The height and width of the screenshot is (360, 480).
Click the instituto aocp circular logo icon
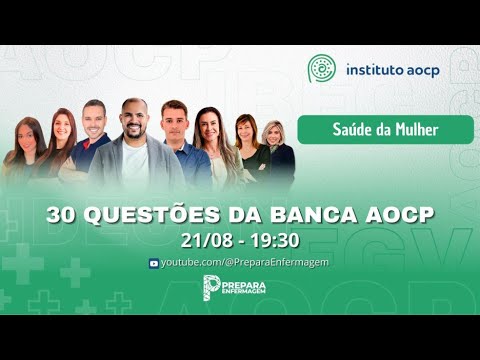[323, 69]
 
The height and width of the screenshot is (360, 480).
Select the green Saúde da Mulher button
[389, 129]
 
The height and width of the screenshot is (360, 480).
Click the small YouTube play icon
[153, 263]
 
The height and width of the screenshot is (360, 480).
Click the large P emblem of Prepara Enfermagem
[211, 288]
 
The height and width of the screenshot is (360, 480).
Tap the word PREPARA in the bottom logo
[252, 283]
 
